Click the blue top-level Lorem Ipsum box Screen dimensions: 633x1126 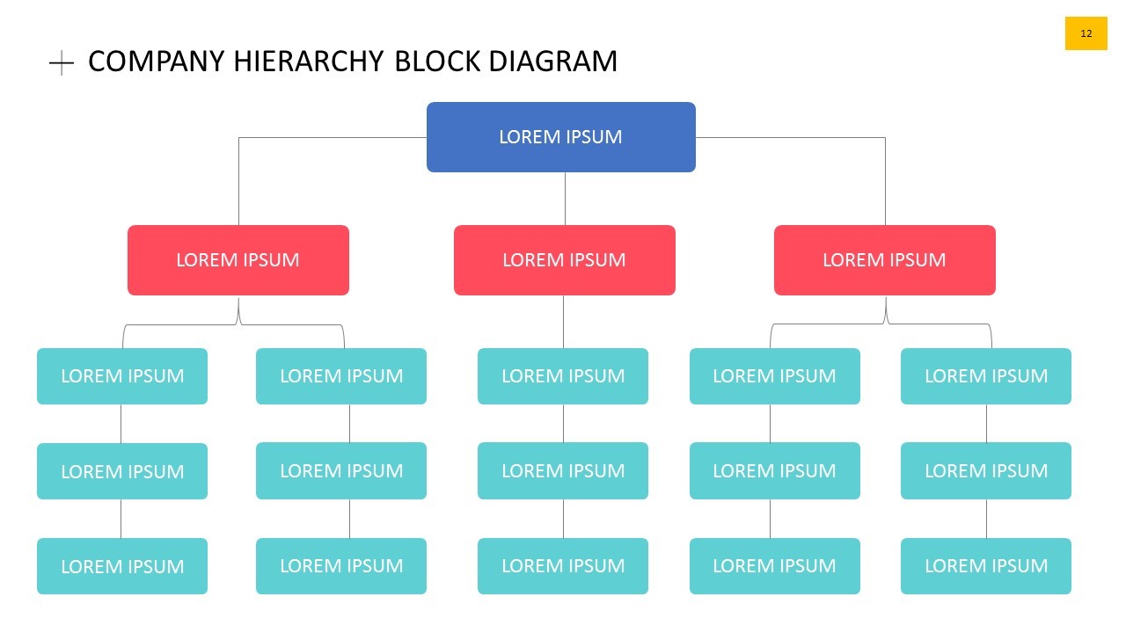(560, 137)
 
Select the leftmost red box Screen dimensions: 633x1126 (238, 260)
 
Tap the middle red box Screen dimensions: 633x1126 (564, 260)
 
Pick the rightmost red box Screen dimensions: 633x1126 (884, 260)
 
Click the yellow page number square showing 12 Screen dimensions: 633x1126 (1086, 33)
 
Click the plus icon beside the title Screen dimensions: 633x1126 (61, 62)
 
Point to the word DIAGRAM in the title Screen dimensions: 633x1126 (552, 62)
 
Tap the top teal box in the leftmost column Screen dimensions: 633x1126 (121, 376)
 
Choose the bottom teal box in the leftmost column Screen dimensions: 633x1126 (121, 566)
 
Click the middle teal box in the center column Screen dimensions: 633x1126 (562, 470)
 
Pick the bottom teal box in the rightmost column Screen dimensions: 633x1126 (985, 566)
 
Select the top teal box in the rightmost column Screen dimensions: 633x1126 (985, 376)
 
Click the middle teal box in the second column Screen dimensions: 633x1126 (340, 470)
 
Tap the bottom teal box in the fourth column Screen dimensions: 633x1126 (774, 566)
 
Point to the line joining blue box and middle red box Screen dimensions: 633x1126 (565, 199)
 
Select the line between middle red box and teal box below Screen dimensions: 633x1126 (564, 322)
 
